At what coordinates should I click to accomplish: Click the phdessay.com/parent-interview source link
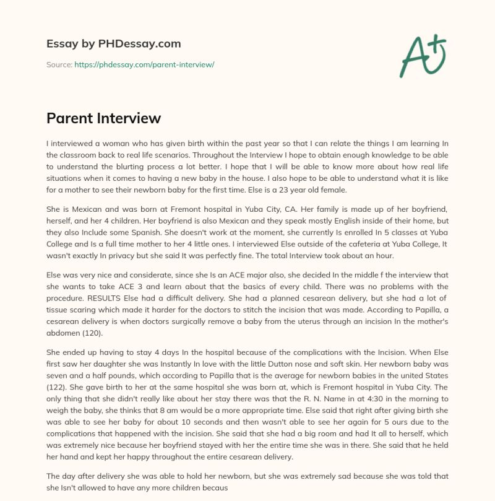pyautogui.click(x=144, y=64)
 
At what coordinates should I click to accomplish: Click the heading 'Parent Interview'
pyautogui.click(x=103, y=118)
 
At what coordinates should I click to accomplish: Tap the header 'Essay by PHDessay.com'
pyautogui.click(x=114, y=44)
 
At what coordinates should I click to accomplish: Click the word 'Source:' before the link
pyautogui.click(x=59, y=64)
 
